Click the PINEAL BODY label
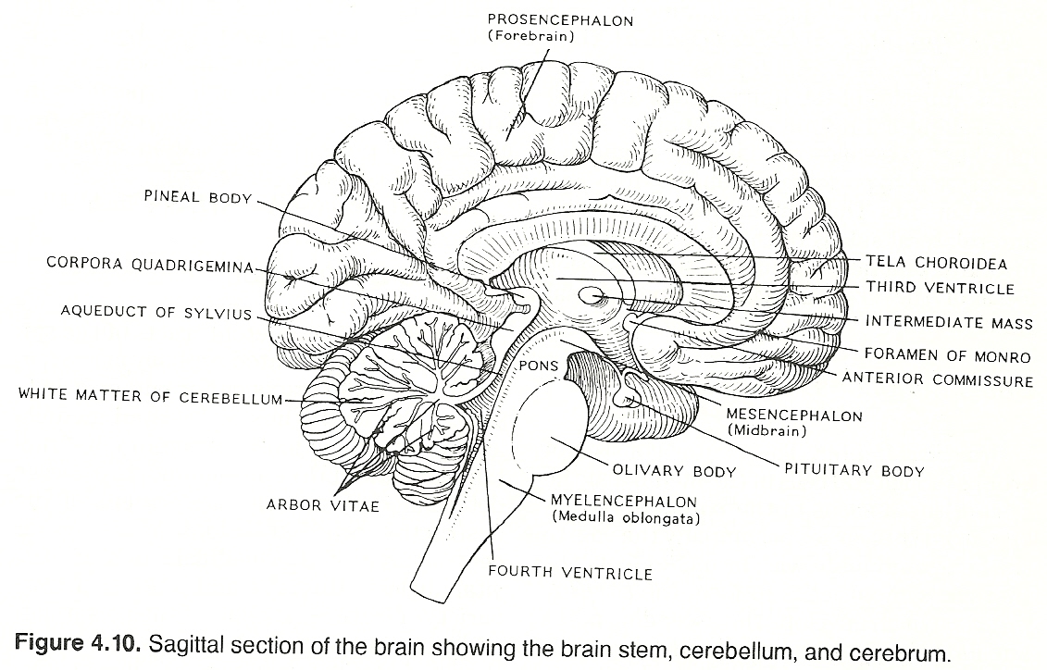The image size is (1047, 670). pyautogui.click(x=197, y=198)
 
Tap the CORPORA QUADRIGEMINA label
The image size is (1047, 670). pyautogui.click(x=149, y=264)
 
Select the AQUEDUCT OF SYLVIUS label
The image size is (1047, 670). pyautogui.click(x=156, y=313)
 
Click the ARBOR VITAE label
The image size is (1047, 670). pyautogui.click(x=322, y=506)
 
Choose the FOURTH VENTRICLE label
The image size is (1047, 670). pyautogui.click(x=570, y=574)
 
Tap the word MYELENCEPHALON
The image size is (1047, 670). pyautogui.click(x=624, y=502)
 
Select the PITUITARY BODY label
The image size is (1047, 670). pyautogui.click(x=854, y=471)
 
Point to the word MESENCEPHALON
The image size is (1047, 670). pyautogui.click(x=794, y=416)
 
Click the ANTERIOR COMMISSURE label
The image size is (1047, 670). pyautogui.click(x=937, y=380)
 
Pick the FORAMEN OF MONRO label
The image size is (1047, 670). pyautogui.click(x=947, y=356)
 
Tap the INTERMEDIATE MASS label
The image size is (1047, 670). pyautogui.click(x=948, y=323)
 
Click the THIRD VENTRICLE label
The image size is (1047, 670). pyautogui.click(x=941, y=288)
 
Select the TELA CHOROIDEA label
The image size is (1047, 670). pyautogui.click(x=936, y=264)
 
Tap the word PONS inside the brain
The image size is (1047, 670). pyautogui.click(x=538, y=366)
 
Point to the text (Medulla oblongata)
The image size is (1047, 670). pyautogui.click(x=626, y=518)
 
